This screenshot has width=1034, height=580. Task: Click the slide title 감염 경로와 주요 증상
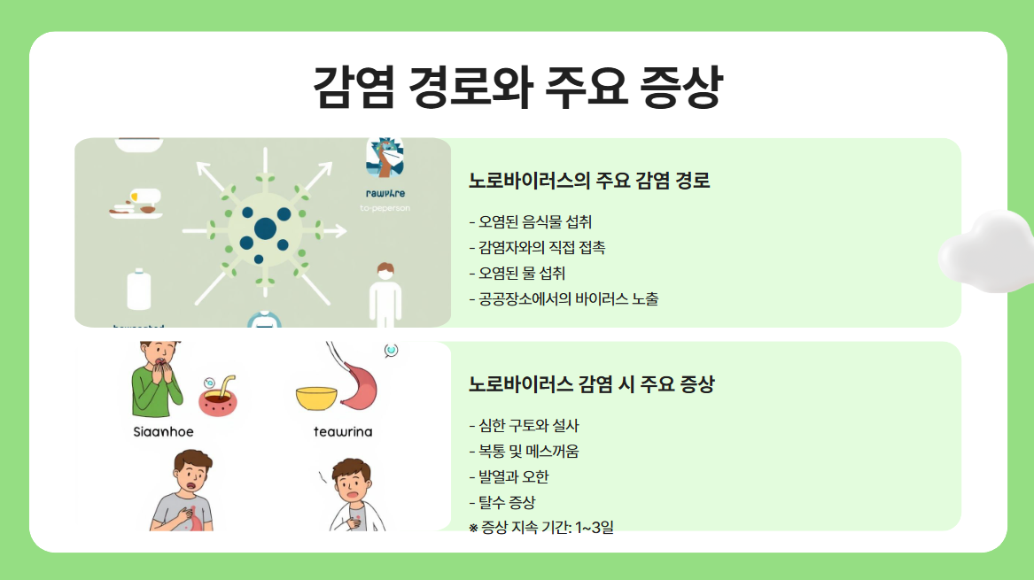point(517,86)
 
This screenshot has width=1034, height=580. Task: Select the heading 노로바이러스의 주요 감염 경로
point(589,182)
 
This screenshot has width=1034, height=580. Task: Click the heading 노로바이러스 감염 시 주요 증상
point(591,385)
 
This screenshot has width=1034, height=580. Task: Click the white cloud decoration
point(988,251)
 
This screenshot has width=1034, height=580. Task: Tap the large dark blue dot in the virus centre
point(265,229)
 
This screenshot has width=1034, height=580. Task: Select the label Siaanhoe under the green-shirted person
point(163,432)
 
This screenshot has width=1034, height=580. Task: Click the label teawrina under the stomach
point(343,432)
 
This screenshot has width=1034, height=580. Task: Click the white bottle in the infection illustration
point(140,290)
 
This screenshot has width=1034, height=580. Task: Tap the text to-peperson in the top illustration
point(385,208)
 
